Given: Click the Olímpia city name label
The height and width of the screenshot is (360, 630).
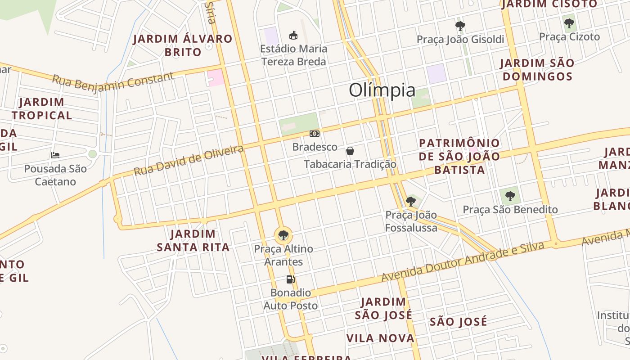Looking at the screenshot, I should coord(382,90).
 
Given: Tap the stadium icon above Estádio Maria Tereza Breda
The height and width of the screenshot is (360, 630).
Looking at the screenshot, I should coord(293,35).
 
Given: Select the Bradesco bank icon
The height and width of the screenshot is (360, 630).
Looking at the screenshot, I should coord(315,134).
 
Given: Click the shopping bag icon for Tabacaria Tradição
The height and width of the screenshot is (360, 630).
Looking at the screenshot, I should coord(350,151).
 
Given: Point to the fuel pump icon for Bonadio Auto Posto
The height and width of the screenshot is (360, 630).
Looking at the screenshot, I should coord(290,279).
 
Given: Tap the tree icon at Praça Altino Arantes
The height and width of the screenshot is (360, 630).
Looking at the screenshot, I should coord(283,235).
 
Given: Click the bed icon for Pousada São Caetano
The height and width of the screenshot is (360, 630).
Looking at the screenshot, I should coord(55,155).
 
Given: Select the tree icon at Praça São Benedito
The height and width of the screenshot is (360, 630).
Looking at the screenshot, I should coord(510,196).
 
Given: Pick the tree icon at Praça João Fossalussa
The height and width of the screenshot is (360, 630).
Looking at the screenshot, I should coord(410,201).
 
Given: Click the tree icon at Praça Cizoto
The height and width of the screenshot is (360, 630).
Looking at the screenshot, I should coord(569,23).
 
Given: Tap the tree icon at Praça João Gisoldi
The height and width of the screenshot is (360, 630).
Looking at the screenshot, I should coord(460,26).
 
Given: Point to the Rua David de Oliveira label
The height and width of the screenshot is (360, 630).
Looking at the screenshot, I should coord(189,160).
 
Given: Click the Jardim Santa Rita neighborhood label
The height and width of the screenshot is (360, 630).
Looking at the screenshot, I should coord(193,240).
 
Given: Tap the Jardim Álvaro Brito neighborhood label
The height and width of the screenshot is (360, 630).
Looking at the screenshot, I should coord(183,45).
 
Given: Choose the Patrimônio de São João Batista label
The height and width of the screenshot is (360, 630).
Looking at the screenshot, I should coord(459,156).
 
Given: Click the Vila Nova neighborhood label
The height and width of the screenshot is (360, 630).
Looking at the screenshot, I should coord(380,338).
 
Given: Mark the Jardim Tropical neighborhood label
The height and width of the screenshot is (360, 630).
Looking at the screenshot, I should coord(42,108).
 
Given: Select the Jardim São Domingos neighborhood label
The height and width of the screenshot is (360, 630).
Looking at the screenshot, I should coord(537,70).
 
